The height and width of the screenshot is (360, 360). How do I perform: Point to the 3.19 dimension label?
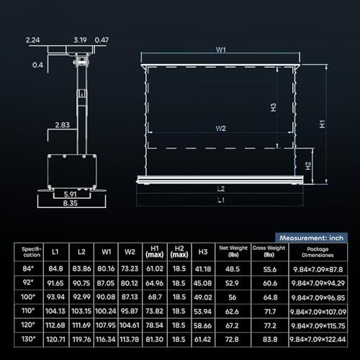tap(81, 41)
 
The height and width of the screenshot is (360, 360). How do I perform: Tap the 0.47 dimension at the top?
tap(102, 41)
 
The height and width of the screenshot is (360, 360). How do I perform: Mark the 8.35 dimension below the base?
tap(70, 204)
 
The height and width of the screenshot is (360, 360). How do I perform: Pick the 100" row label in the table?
tap(28, 295)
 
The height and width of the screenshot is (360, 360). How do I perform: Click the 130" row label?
tap(28, 337)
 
